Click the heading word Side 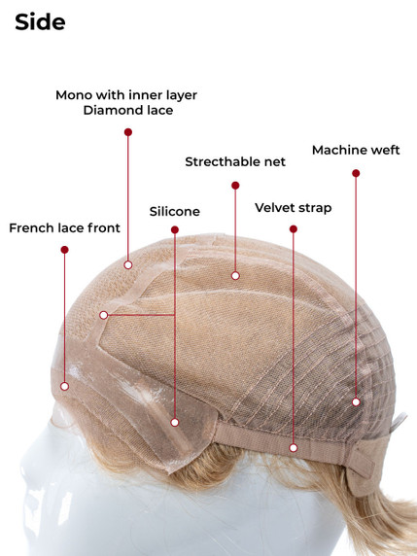point(40,22)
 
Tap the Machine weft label point(356,150)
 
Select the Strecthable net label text point(235,161)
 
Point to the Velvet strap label point(294,208)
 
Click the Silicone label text point(174,211)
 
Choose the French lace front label point(64,227)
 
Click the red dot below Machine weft point(356,173)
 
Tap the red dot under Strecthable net point(235,185)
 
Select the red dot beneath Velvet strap point(294,229)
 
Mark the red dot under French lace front point(64,250)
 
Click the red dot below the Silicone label point(175,229)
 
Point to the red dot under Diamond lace point(128,132)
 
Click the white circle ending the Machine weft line point(356,401)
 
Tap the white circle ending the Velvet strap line point(294,448)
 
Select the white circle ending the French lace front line point(64,386)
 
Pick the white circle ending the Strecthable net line point(235,275)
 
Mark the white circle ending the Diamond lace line point(128,264)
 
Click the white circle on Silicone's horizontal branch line point(104,315)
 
